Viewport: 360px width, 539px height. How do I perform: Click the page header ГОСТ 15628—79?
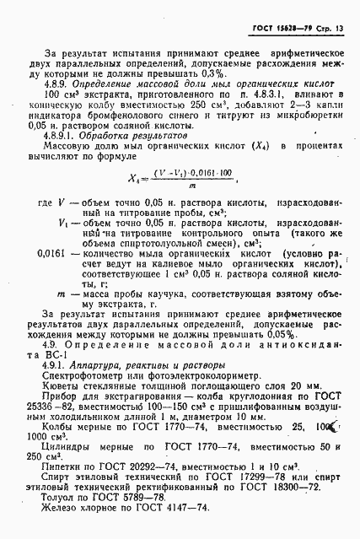[278, 30]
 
